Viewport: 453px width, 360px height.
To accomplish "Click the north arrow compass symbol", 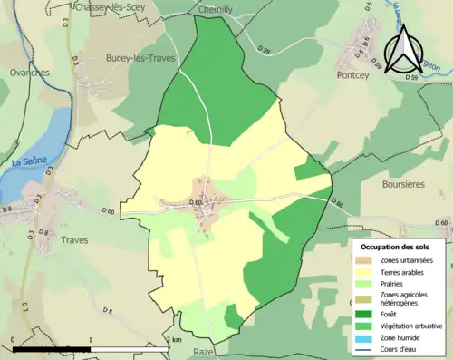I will [407, 47].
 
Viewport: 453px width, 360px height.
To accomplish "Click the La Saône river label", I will [29, 162].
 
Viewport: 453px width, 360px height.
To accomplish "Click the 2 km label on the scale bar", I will [176, 338].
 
